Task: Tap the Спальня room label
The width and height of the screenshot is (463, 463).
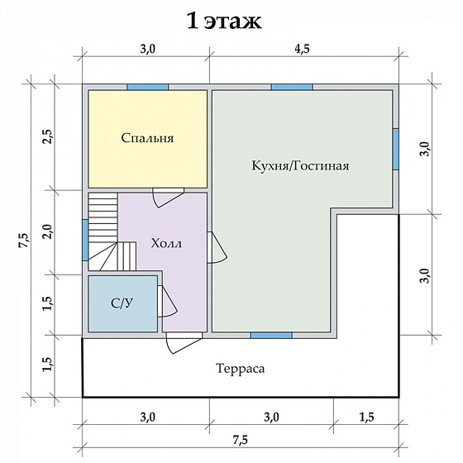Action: [x=147, y=138]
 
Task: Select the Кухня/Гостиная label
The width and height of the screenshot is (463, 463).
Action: [x=301, y=165]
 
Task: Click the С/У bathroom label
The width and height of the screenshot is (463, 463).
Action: [x=122, y=303]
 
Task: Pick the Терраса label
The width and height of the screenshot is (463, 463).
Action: [x=240, y=368]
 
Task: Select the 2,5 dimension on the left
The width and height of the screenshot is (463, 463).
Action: [x=48, y=137]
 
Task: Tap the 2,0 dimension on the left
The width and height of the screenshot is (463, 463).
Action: [x=48, y=231]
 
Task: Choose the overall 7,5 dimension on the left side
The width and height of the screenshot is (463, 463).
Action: [x=23, y=240]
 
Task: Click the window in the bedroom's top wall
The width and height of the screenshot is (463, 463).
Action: [x=147, y=87]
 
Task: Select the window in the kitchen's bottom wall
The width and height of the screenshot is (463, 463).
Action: [x=270, y=335]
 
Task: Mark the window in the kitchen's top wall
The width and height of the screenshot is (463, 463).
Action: [x=292, y=87]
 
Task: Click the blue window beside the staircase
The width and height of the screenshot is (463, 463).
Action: [x=85, y=239]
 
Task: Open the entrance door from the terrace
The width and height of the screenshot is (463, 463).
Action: [x=183, y=341]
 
